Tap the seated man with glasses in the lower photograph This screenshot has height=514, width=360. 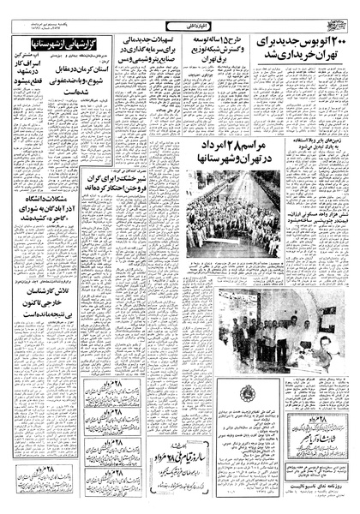(x=321, y=338)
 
